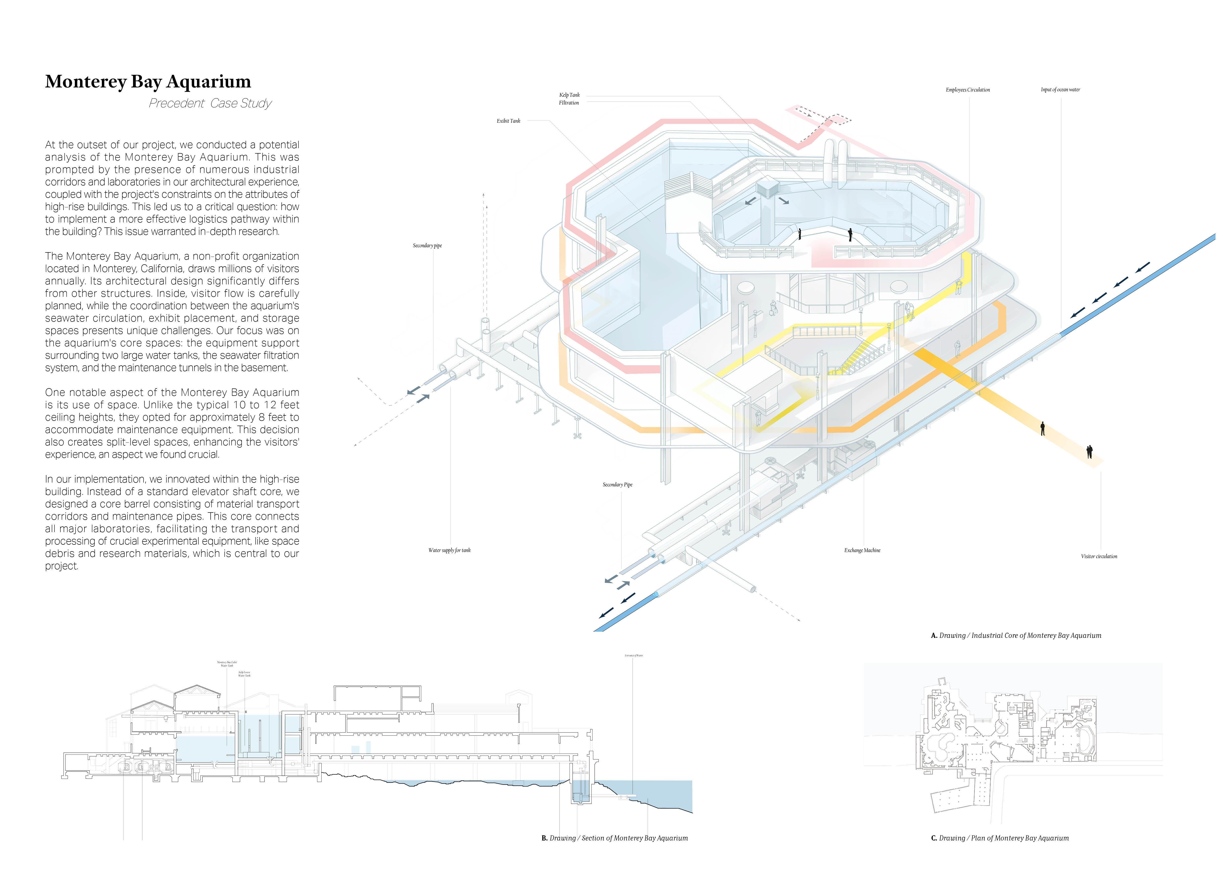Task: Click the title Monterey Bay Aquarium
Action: (148, 81)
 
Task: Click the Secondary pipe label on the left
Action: (427, 245)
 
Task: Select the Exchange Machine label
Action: (862, 550)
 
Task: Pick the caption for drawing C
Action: (999, 838)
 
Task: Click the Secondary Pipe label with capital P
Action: (617, 485)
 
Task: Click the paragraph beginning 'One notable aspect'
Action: (172, 423)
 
